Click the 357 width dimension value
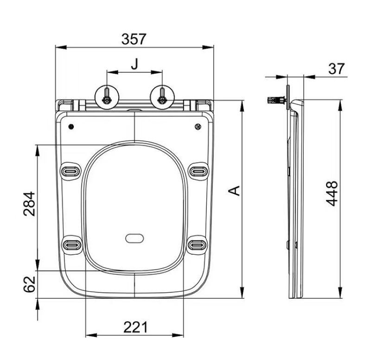(x=134, y=39)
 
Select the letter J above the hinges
(x=134, y=64)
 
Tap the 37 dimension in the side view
(x=337, y=69)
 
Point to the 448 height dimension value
(x=332, y=193)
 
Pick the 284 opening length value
(x=29, y=204)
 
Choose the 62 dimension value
(x=29, y=284)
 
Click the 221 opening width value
(x=135, y=328)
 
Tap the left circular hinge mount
(x=107, y=97)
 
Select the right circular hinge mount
(x=162, y=97)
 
